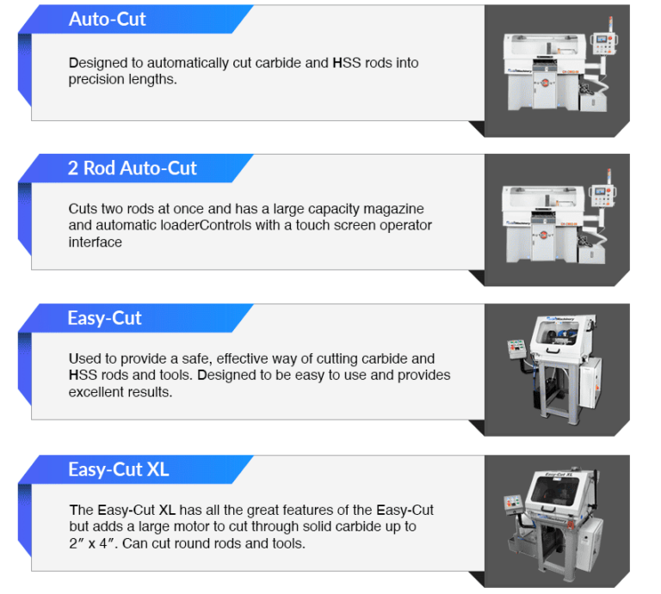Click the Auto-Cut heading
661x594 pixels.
108,19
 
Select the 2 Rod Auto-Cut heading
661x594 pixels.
133,168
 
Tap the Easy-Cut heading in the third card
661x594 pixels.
104,318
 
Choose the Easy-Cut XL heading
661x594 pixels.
118,469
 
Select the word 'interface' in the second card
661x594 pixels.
96,242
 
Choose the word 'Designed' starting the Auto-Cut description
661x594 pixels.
96,64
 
